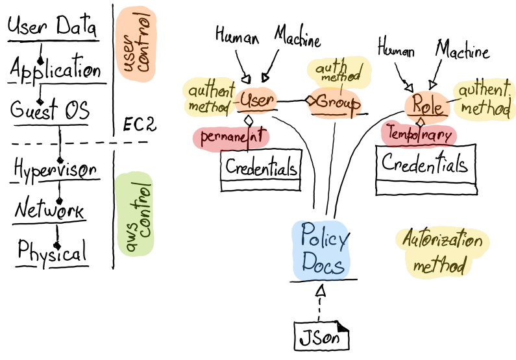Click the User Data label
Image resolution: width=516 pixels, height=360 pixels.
pos(53,27)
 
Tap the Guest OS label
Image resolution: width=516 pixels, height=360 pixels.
pos(49,111)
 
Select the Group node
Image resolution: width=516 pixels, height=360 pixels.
pos(334,103)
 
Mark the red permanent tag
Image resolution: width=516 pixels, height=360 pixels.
pos(231,138)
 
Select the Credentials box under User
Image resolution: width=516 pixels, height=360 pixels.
pos(261,171)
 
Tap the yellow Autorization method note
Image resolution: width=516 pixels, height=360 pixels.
pos(440,253)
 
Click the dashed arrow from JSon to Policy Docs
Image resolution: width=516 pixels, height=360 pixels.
pos(319,302)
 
